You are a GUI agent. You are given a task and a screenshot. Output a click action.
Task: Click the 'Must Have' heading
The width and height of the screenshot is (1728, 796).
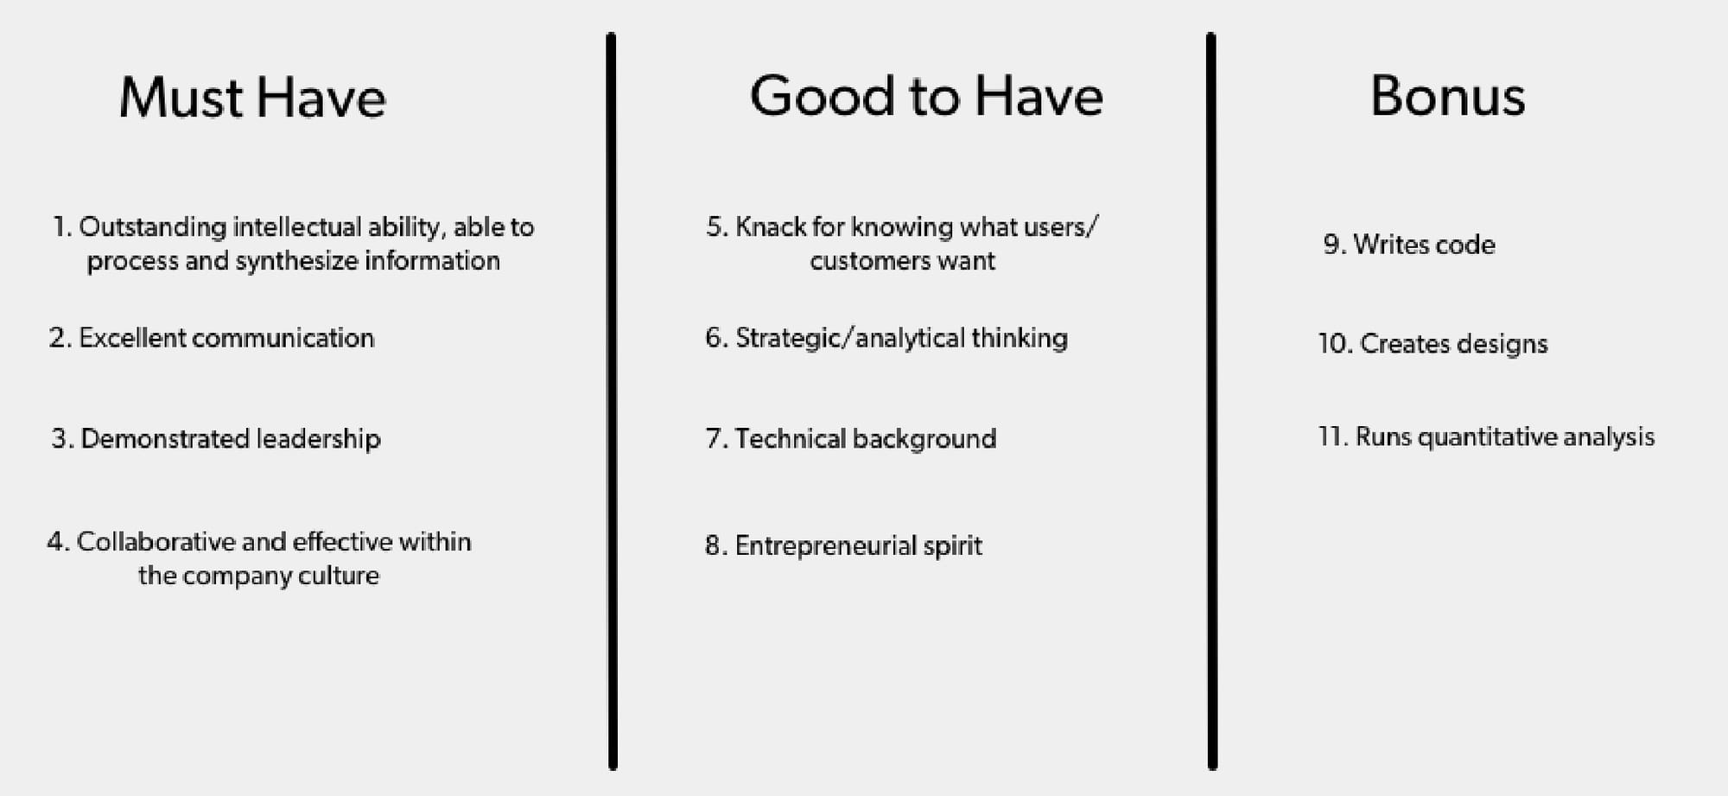[x=252, y=97]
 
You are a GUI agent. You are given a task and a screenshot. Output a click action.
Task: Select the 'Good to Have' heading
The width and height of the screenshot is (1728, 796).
[x=926, y=95]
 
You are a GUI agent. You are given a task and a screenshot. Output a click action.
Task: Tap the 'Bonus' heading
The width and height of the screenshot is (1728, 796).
[x=1448, y=95]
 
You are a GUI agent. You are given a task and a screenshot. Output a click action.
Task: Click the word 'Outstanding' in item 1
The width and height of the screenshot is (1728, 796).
[x=153, y=227]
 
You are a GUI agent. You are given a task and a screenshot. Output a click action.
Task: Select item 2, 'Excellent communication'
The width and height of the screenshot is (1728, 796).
[x=212, y=337]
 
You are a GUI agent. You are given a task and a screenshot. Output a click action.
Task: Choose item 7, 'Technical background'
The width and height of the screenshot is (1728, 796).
[x=851, y=439]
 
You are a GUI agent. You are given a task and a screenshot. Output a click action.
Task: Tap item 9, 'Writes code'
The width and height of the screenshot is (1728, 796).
[x=1409, y=245]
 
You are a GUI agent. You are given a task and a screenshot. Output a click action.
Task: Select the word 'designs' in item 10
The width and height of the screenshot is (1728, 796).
[x=1502, y=344]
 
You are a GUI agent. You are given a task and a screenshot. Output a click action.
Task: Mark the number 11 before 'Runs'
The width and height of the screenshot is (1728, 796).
[x=1331, y=437]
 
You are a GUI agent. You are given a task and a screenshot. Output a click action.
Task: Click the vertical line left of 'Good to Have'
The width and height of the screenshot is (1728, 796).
[x=612, y=401]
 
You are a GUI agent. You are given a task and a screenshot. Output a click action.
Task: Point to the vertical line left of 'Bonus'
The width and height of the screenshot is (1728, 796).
[x=1211, y=401]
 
